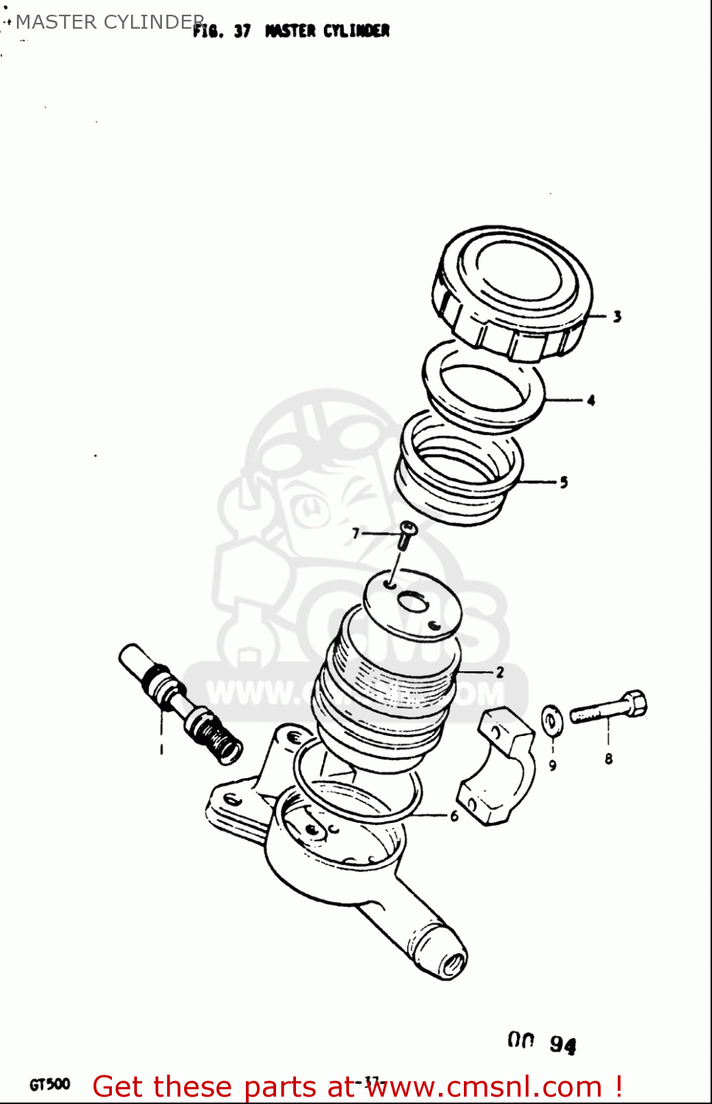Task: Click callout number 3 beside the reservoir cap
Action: coord(617,316)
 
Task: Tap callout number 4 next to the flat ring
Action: coord(591,400)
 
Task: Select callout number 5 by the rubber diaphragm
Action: coord(564,483)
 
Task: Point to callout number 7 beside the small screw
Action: coord(356,533)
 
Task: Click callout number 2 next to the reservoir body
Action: coord(500,672)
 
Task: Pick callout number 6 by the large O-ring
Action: coord(454,815)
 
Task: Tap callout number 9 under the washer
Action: coord(553,765)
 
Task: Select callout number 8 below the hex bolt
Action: coord(609,759)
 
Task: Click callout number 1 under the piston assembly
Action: coord(162,749)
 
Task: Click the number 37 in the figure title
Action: coord(242,31)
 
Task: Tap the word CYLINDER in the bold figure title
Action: coord(356,31)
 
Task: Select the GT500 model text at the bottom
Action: coord(50,1084)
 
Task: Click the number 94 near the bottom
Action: coord(563,1044)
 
